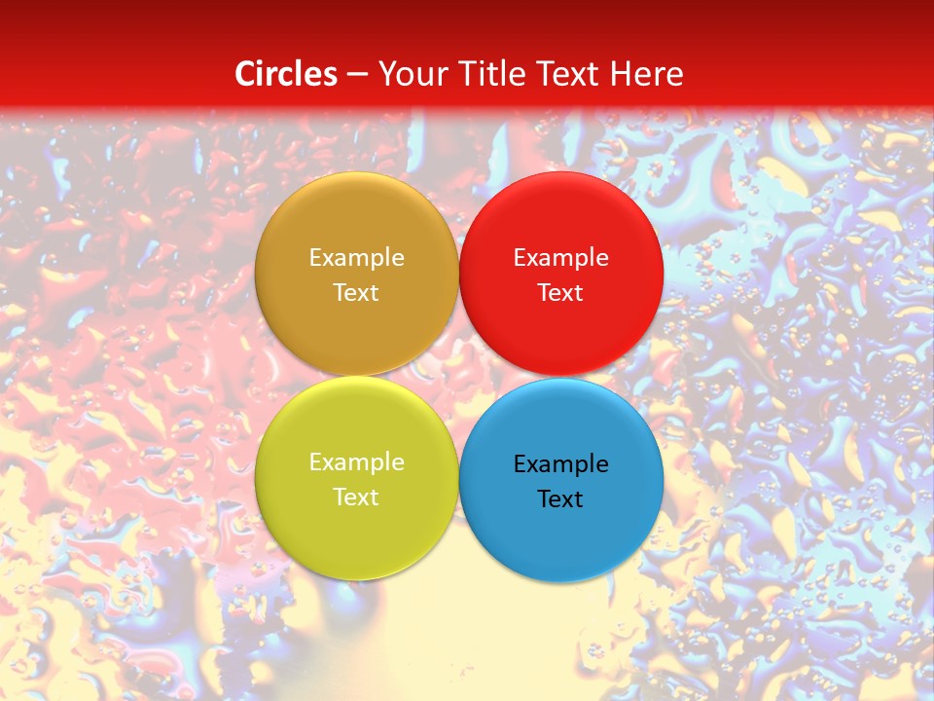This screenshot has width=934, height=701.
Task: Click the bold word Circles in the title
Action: click(286, 74)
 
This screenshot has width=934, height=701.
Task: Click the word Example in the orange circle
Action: click(356, 258)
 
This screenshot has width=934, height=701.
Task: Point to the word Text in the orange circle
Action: click(356, 293)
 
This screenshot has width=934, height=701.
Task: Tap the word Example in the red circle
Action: click(560, 258)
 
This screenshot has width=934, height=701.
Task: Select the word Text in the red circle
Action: click(560, 293)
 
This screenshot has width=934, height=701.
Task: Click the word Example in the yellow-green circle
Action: click(356, 462)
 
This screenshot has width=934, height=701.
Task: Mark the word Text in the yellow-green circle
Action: click(356, 498)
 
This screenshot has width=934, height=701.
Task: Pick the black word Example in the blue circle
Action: click(560, 464)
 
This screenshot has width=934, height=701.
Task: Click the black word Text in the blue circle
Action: click(560, 499)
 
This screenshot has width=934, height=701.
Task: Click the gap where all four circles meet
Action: click(458, 377)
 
